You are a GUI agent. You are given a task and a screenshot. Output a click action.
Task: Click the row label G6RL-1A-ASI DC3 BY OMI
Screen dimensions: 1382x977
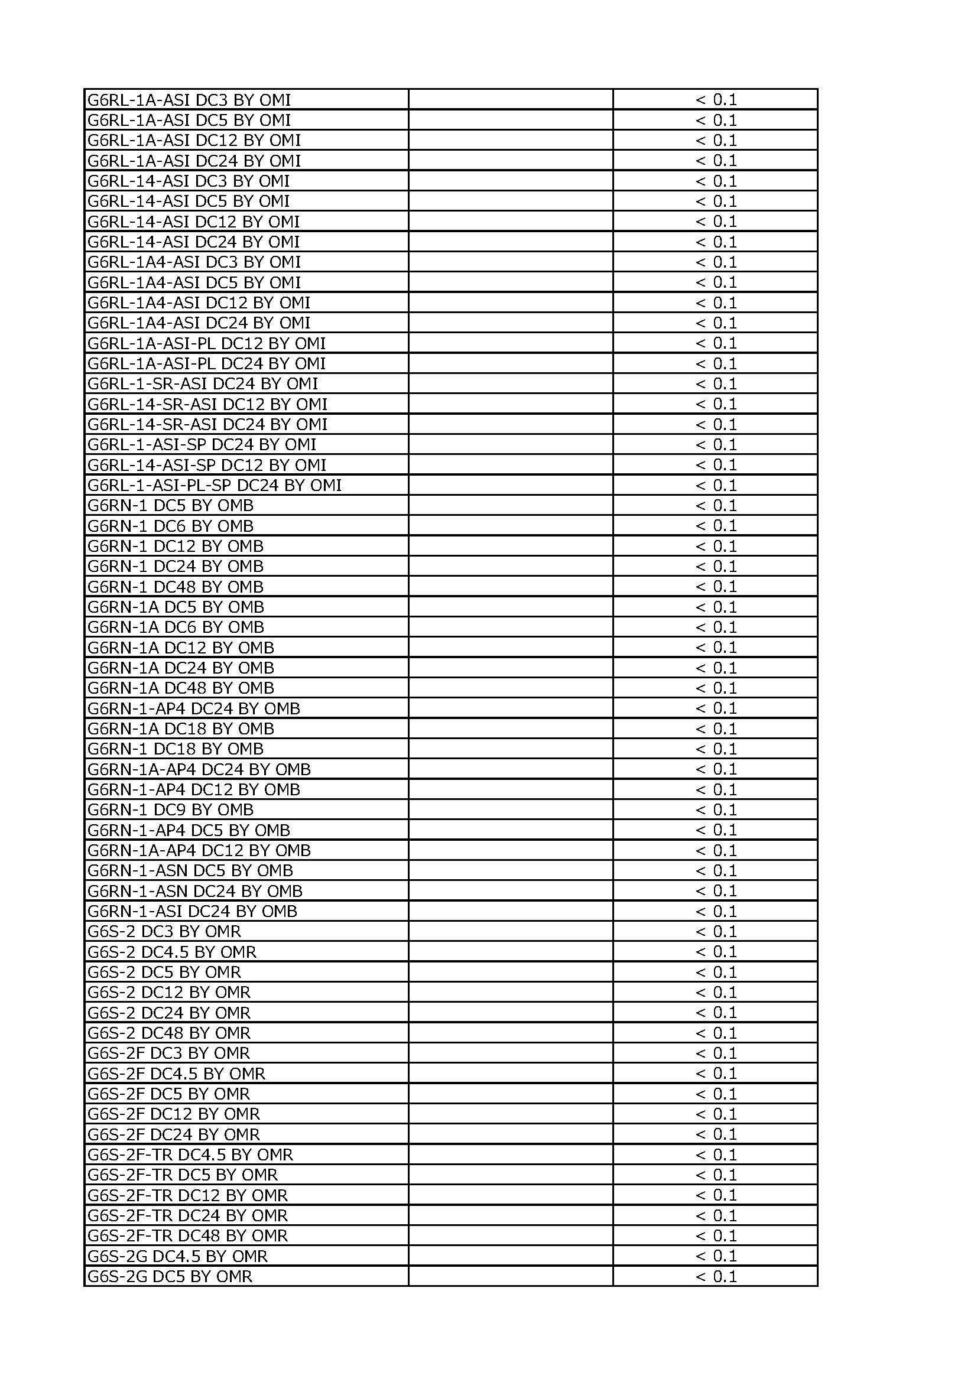pyautogui.click(x=189, y=100)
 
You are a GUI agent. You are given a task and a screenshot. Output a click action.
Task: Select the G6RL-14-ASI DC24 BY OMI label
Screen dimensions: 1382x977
pyautogui.click(x=193, y=242)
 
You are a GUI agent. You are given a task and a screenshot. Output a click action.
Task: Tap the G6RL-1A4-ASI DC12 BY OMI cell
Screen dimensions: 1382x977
pyautogui.click(x=199, y=303)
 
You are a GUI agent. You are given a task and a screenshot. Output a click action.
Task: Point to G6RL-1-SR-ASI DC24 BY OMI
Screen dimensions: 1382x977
pyautogui.click(x=202, y=384)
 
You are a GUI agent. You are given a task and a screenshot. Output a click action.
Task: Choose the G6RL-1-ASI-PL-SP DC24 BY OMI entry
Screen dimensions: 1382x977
pyautogui.click(x=215, y=485)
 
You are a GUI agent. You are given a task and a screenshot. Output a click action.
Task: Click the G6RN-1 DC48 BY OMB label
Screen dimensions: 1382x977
pyautogui.click(x=175, y=587)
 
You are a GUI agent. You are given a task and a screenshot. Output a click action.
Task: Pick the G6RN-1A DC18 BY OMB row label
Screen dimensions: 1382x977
pyautogui.click(x=181, y=729)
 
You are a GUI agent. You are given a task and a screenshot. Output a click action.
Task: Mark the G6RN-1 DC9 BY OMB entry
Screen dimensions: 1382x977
pyautogui.click(x=170, y=810)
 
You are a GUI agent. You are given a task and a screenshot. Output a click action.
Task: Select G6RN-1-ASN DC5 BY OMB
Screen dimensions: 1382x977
pyautogui.click(x=190, y=871)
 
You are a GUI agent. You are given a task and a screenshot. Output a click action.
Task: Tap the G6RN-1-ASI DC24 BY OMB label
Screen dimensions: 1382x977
pyautogui.click(x=192, y=911)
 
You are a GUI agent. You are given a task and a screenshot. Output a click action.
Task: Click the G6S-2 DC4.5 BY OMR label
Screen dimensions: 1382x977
pyautogui.click(x=171, y=952)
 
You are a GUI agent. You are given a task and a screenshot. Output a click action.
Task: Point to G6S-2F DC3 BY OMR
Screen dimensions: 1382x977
pyautogui.click(x=168, y=1053)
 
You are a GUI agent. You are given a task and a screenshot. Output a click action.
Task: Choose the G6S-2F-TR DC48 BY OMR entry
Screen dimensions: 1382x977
pyautogui.click(x=187, y=1235)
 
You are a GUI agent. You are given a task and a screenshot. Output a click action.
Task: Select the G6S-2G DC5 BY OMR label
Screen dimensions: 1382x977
pyautogui.click(x=170, y=1277)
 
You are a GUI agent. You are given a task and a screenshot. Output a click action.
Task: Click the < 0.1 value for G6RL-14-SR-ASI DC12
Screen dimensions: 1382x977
pyautogui.click(x=716, y=404)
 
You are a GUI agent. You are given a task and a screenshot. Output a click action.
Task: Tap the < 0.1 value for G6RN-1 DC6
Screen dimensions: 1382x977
pyautogui.click(x=716, y=526)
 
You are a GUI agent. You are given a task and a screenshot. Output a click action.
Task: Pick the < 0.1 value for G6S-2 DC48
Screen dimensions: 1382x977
pyautogui.click(x=716, y=1033)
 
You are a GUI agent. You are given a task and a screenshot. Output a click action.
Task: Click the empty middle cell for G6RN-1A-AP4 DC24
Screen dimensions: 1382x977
pyautogui.click(x=511, y=769)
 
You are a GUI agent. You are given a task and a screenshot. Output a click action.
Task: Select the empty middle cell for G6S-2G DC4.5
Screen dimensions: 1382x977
pyautogui.click(x=511, y=1256)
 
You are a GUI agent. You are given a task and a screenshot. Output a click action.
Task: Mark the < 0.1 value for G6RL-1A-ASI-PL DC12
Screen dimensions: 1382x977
pyautogui.click(x=716, y=343)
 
